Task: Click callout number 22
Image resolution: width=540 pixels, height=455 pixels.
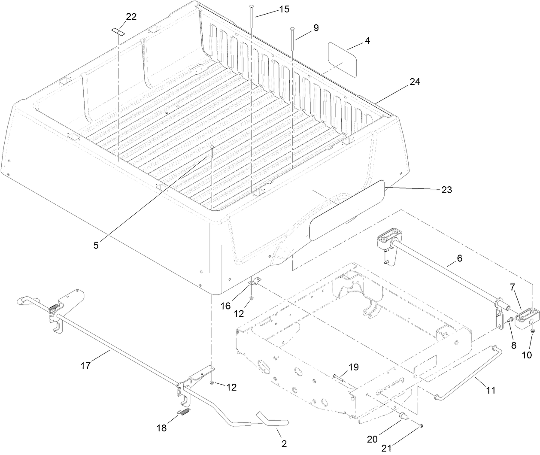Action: (x=131, y=17)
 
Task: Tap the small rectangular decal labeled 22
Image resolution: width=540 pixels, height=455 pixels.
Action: (x=118, y=31)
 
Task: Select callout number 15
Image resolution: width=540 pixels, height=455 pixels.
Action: (x=284, y=9)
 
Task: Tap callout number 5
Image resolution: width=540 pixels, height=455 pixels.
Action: (x=96, y=245)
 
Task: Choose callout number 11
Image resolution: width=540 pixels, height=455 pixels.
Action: (x=491, y=390)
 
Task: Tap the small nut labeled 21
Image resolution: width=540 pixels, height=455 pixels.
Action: (x=421, y=425)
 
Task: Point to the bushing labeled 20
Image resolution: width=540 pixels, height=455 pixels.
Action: (x=403, y=416)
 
